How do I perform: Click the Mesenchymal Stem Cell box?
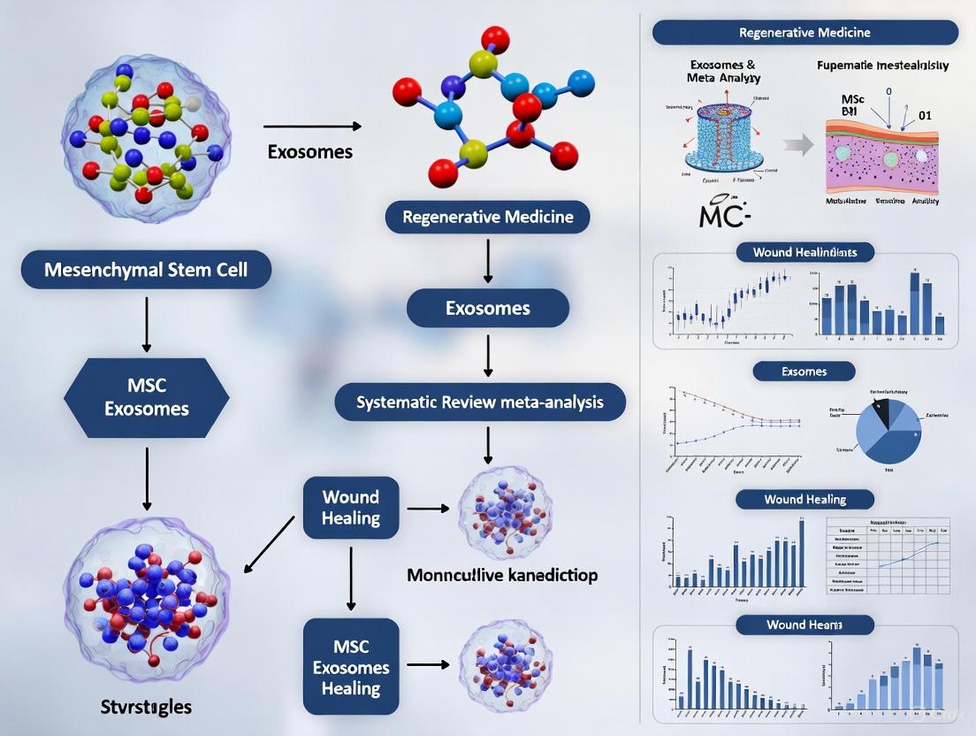point(146,269)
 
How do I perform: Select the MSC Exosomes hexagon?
point(147,398)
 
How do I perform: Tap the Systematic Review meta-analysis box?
point(479,402)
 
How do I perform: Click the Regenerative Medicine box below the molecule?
point(487,217)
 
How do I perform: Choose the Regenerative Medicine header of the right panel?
point(804,33)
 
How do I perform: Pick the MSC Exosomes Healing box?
point(351,666)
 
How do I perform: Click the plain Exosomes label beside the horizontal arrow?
point(309,151)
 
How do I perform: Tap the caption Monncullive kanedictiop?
point(501,575)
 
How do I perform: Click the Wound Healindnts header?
point(804,252)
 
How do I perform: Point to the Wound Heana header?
point(804,625)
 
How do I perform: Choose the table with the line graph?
point(887,554)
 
